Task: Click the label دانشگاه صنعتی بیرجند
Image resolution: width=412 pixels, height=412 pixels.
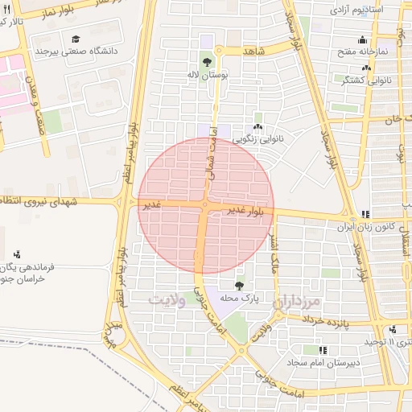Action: [x=76, y=51]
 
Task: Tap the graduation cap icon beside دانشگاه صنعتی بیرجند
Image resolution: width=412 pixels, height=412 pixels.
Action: [x=76, y=38]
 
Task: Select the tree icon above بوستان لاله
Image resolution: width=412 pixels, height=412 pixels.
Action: [x=208, y=61]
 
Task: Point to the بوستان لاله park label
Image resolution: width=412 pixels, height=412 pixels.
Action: [x=208, y=74]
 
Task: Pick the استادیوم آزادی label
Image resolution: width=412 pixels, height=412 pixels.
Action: [x=355, y=10]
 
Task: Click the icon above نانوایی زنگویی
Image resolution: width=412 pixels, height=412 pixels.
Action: [x=257, y=126]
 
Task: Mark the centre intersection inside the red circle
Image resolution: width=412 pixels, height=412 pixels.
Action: [x=205, y=206]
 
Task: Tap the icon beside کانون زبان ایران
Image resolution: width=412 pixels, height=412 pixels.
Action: [x=365, y=214]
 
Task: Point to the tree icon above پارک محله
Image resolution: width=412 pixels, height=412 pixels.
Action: [x=239, y=286]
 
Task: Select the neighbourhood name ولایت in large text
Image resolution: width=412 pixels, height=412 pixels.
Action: [x=167, y=299]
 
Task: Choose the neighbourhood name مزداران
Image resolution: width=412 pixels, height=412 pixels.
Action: [x=296, y=302]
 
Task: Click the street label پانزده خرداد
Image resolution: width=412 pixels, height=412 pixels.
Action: [x=329, y=322]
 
